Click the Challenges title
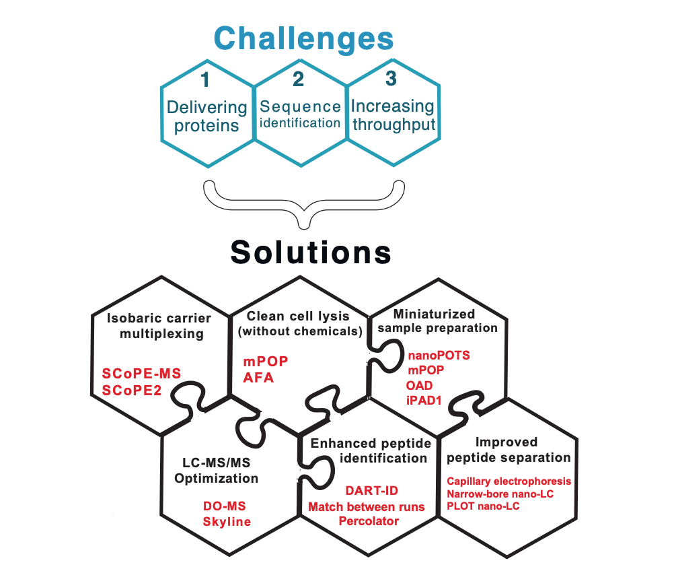[303, 40]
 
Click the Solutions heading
[311, 252]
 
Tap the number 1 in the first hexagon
[205, 79]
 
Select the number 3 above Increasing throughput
[391, 78]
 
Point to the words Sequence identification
[300, 114]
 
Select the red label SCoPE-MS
[141, 374]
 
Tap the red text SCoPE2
[132, 391]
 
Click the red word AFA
[258, 378]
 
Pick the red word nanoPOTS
[439, 356]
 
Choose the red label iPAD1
[424, 401]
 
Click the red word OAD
[419, 385]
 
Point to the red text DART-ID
[372, 491]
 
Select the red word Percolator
[369, 521]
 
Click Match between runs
[366, 506]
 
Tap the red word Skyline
[227, 522]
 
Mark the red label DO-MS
[225, 506]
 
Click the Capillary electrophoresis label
[509, 481]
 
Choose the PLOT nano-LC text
[483, 506]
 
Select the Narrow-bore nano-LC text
[500, 494]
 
